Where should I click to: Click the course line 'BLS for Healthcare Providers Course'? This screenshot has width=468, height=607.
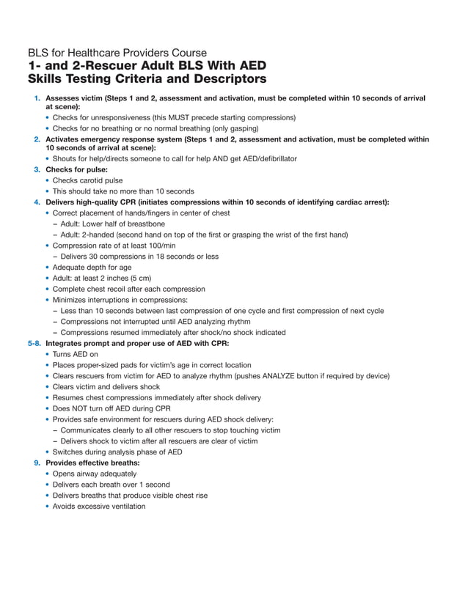[x=117, y=53]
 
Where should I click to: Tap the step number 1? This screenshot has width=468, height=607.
[x=37, y=98]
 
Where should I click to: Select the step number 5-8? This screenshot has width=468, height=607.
[x=34, y=343]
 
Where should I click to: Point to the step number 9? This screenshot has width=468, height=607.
[x=37, y=463]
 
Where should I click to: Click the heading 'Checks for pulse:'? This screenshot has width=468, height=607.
[x=77, y=169]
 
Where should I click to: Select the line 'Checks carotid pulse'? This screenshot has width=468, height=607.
[x=87, y=180]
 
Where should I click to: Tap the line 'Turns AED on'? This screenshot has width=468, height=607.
[x=76, y=354]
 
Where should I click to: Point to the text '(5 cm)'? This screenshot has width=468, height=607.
[x=138, y=278]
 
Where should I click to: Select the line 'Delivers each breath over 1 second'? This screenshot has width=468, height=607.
[x=111, y=485]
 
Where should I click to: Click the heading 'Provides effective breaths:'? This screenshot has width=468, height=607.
[x=92, y=463]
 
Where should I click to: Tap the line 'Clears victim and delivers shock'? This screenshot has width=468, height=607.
[x=106, y=387]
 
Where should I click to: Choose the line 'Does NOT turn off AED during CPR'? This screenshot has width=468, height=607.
[x=111, y=408]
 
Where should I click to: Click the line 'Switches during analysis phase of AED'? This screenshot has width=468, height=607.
[x=117, y=452]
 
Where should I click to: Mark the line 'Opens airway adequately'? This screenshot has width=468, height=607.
[x=94, y=474]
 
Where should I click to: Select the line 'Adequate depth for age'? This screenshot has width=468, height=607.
[x=92, y=268]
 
